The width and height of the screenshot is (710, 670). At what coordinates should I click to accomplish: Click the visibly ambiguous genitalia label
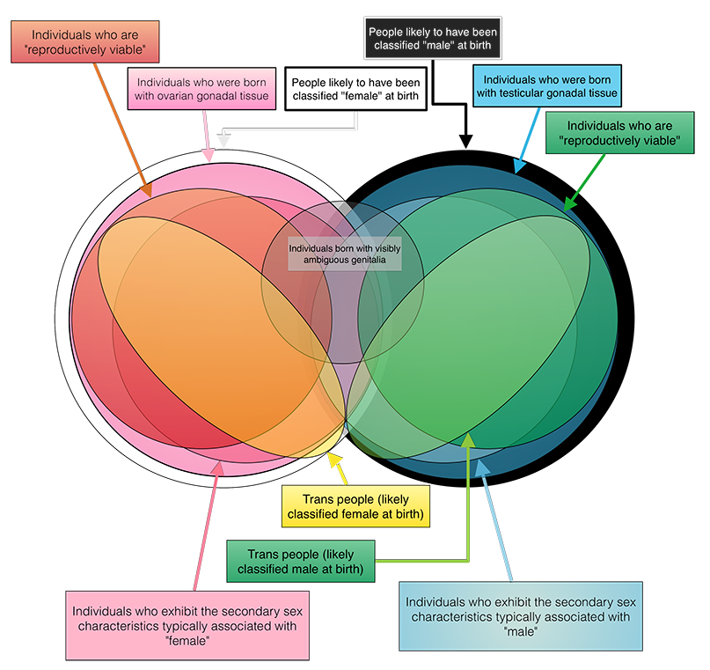click(x=344, y=254)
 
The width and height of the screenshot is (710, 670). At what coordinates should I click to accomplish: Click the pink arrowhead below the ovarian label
click(x=209, y=155)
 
